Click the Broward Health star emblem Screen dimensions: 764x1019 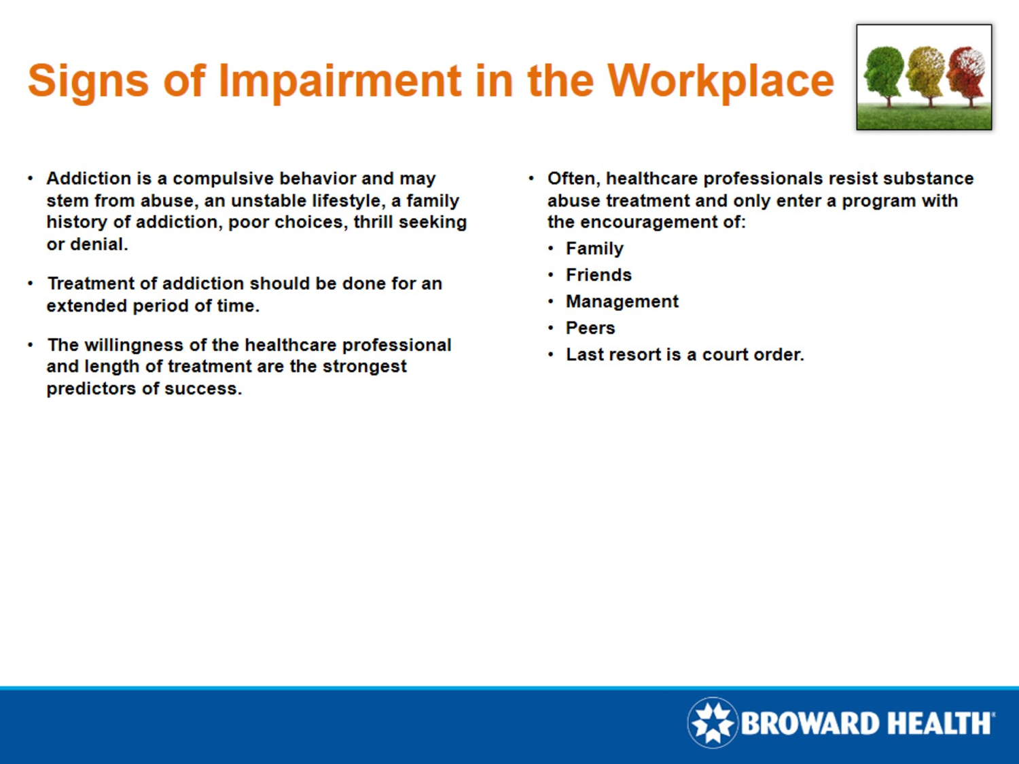tap(712, 723)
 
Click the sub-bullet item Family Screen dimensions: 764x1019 tap(594, 249)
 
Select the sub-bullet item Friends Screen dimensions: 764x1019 tap(598, 275)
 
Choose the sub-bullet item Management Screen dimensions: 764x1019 tap(622, 302)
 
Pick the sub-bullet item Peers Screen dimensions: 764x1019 tap(590, 328)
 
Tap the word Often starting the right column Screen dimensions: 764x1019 tap(573, 179)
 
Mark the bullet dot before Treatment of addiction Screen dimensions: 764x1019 tap(31, 284)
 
